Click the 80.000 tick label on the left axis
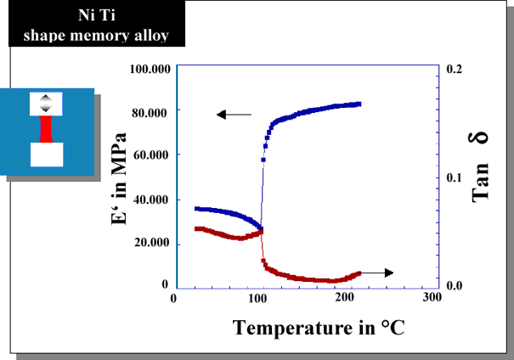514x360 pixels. [x=150, y=113]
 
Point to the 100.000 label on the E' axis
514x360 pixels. [x=150, y=69]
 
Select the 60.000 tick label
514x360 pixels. [x=150, y=155]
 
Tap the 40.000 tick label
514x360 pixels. [x=150, y=200]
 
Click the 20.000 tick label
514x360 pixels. [x=152, y=242]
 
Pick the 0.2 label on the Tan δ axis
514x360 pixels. [x=455, y=69]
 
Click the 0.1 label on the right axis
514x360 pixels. [x=454, y=177]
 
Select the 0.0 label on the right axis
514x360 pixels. [x=455, y=285]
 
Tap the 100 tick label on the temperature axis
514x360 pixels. [x=257, y=298]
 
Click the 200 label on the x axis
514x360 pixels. [x=344, y=297]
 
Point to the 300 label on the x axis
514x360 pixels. [x=432, y=297]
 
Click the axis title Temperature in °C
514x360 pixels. [x=319, y=328]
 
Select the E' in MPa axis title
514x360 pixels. [x=118, y=179]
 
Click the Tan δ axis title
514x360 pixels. [x=479, y=167]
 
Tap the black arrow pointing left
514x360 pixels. [x=234, y=115]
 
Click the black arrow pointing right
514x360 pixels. [x=376, y=273]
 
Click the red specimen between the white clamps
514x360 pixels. [x=46, y=129]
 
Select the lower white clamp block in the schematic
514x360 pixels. [x=47, y=155]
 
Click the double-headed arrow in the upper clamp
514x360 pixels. [x=46, y=104]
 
